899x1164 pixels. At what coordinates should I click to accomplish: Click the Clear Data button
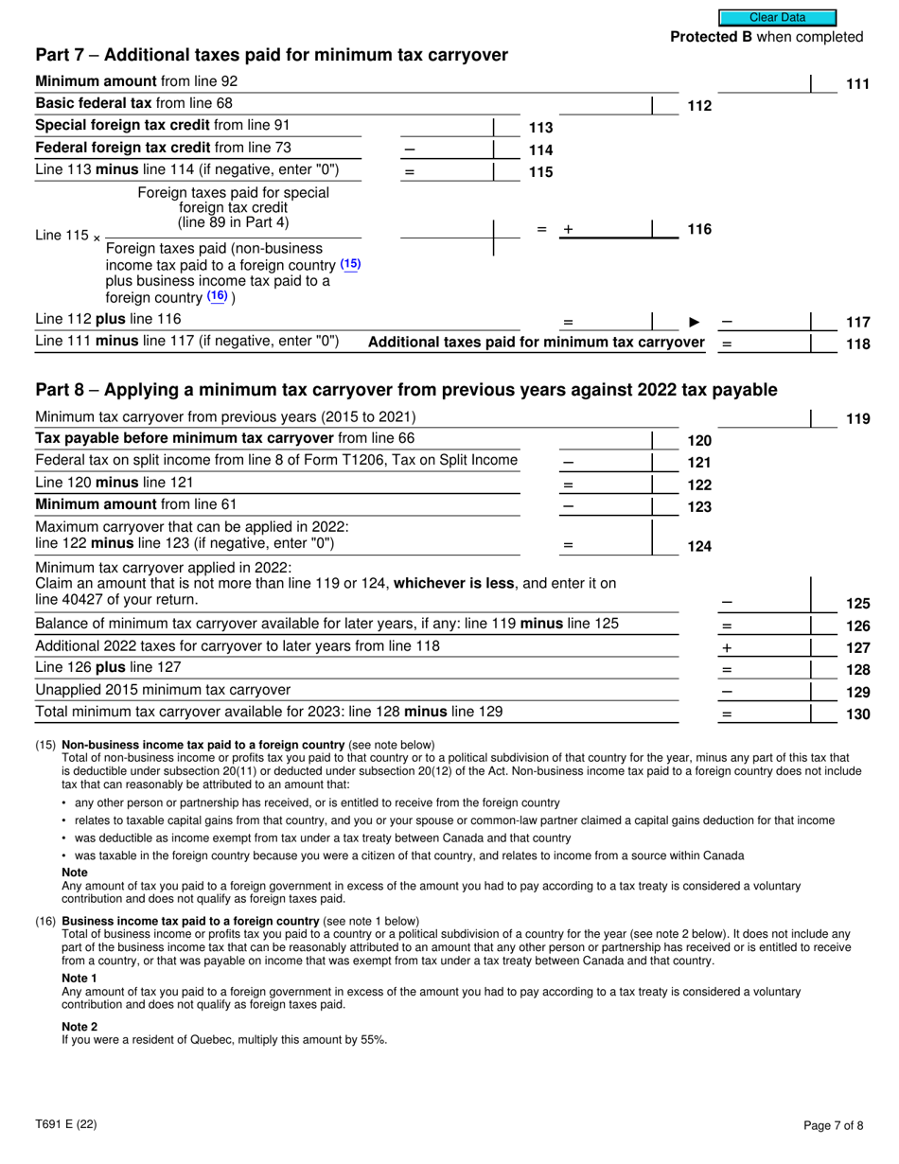tap(777, 17)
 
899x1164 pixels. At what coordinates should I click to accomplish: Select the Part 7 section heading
tap(271, 55)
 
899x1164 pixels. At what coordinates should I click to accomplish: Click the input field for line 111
tap(765, 83)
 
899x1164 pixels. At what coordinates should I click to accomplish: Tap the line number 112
tap(698, 106)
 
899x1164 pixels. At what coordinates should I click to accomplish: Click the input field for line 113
tap(447, 127)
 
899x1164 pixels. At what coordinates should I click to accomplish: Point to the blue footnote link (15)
tap(350, 265)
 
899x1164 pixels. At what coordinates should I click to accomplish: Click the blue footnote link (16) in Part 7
tap(218, 296)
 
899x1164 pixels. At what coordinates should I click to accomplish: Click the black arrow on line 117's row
tap(694, 323)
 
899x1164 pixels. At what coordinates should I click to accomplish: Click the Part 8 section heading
tap(406, 390)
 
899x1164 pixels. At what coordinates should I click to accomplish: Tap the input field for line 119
tap(765, 417)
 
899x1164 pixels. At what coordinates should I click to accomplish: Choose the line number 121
tap(698, 463)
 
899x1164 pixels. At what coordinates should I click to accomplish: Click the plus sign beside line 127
tap(727, 648)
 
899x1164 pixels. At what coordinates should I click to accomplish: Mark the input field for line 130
tap(765, 714)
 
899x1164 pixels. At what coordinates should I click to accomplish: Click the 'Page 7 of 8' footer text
tap(833, 1125)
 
